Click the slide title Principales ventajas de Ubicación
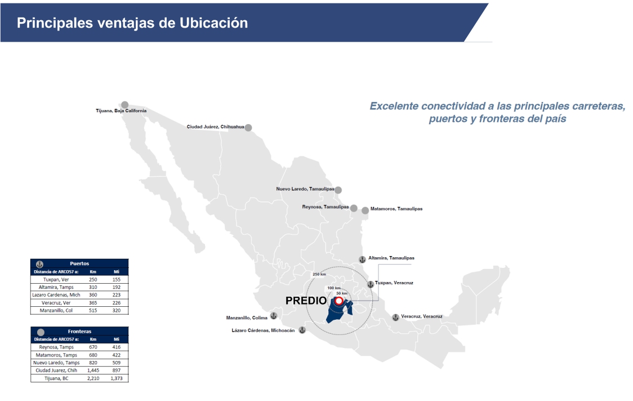click(x=132, y=23)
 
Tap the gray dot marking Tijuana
click(x=125, y=105)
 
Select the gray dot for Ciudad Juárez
click(x=248, y=127)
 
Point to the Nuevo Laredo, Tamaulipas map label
click(x=305, y=189)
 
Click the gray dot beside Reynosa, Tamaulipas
click(x=354, y=208)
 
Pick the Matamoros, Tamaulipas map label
click(x=396, y=209)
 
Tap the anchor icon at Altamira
click(x=362, y=259)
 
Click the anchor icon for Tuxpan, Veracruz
click(x=370, y=284)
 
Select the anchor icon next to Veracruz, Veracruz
click(x=395, y=318)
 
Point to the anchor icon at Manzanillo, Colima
click(x=274, y=316)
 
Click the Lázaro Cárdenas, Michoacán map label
click(x=263, y=331)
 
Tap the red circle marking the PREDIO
click(x=338, y=301)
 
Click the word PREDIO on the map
click(x=306, y=301)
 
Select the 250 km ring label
click(x=319, y=274)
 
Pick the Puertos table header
click(x=79, y=263)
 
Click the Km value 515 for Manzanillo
click(x=93, y=310)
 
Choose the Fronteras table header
click(x=79, y=332)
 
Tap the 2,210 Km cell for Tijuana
click(x=93, y=378)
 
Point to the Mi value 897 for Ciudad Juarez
click(x=116, y=371)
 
